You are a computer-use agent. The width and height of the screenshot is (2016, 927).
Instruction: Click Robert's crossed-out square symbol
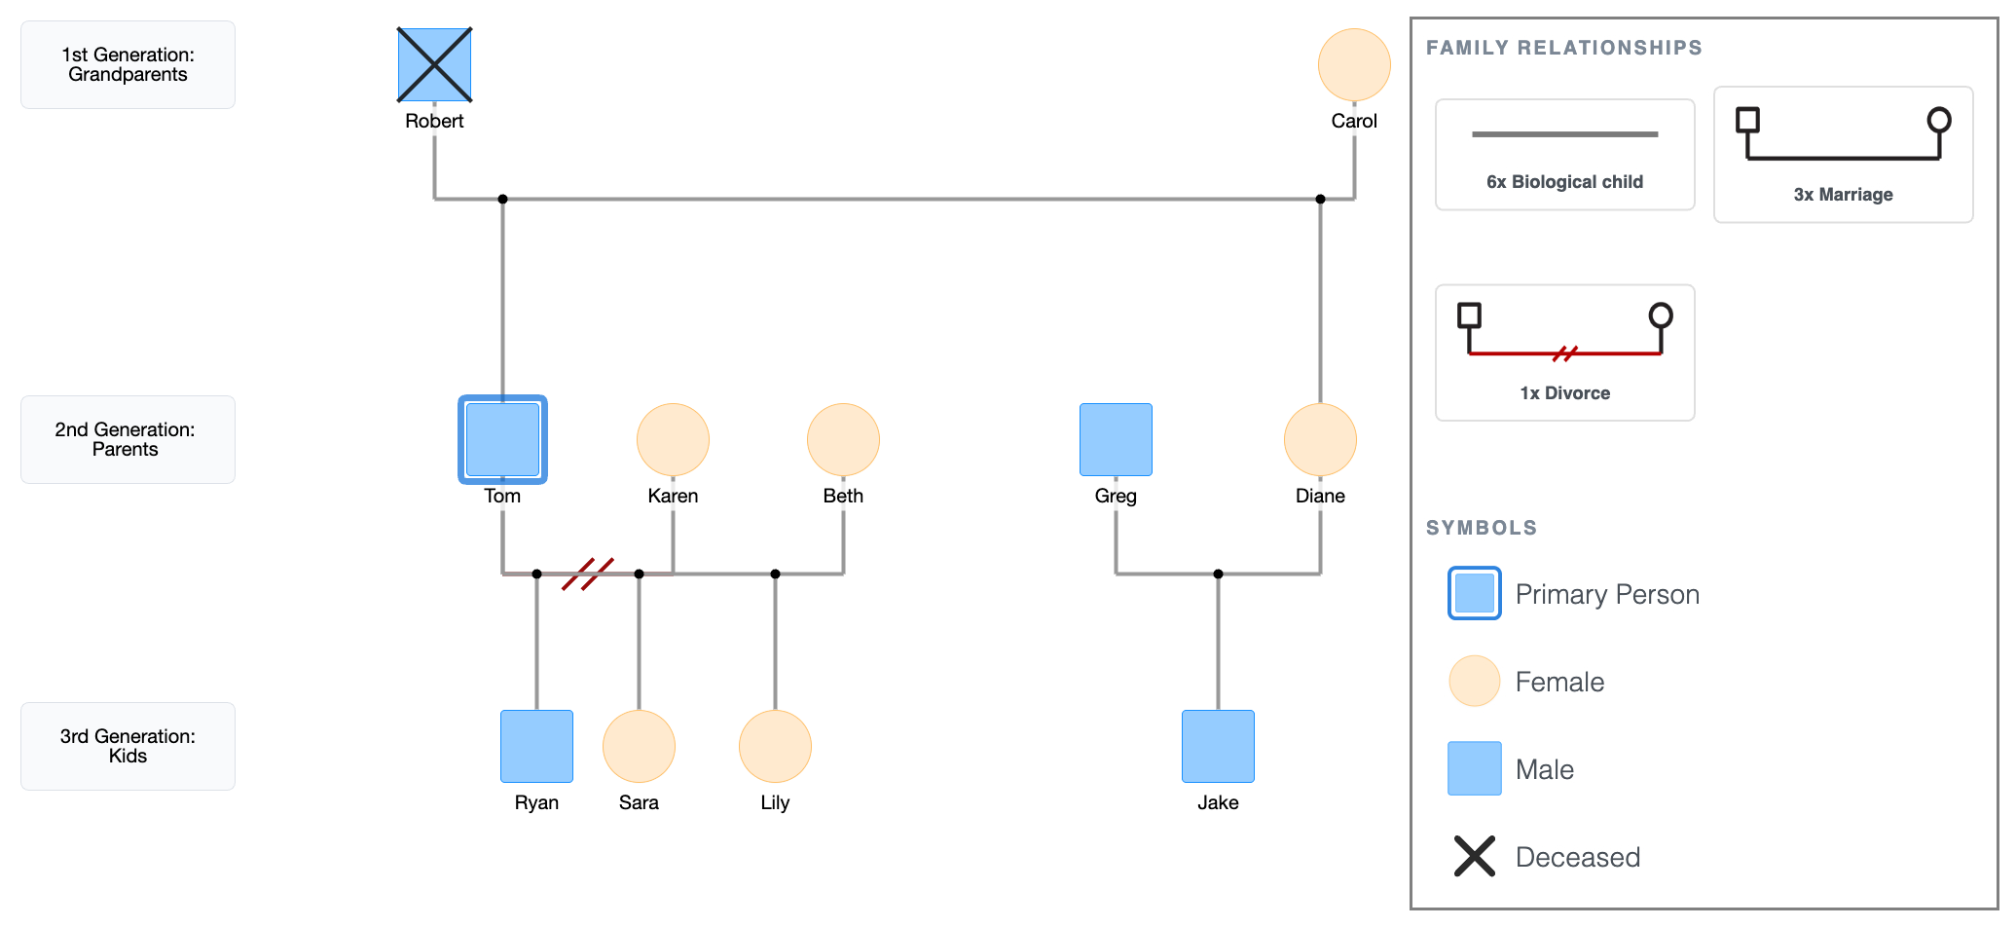(x=434, y=64)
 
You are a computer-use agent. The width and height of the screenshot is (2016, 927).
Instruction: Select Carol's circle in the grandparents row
(x=1354, y=64)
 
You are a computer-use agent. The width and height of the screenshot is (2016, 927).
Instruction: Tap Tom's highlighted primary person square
(x=502, y=439)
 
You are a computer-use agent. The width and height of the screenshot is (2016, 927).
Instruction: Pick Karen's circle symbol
(x=673, y=439)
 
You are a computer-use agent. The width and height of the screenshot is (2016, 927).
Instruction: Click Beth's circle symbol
(x=843, y=439)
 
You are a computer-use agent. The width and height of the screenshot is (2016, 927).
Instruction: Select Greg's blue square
(x=1116, y=439)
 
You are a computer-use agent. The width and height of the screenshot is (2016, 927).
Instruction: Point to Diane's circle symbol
(x=1320, y=439)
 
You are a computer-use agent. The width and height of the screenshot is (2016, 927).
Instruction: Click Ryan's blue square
(x=536, y=746)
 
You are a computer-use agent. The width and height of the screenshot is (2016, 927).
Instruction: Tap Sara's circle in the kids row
(x=639, y=746)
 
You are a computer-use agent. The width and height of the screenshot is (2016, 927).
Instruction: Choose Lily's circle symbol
(x=775, y=746)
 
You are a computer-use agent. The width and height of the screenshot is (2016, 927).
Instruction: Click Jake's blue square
(x=1218, y=746)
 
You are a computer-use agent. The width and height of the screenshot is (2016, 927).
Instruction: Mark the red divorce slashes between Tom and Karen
(x=588, y=574)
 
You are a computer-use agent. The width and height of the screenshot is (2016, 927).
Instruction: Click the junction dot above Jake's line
(x=1218, y=574)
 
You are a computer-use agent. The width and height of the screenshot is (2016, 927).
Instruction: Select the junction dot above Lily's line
(x=775, y=574)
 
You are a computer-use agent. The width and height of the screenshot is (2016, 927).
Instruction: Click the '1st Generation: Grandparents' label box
(x=128, y=64)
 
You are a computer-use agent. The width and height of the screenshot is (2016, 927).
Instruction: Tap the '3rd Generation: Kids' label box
(x=128, y=746)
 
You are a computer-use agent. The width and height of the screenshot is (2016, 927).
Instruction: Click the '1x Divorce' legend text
(x=1564, y=392)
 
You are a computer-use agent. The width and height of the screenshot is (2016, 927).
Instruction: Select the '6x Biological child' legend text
(x=1564, y=181)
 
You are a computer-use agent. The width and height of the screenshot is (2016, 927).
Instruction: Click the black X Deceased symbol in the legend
(x=1474, y=856)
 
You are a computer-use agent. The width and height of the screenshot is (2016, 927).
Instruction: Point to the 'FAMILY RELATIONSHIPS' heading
(x=1563, y=48)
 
